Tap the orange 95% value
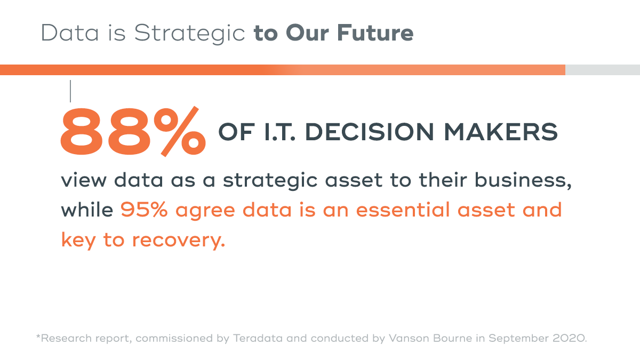click(145, 210)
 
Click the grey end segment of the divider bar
click(602, 70)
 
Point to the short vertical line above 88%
click(70, 91)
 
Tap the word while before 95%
click(87, 210)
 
